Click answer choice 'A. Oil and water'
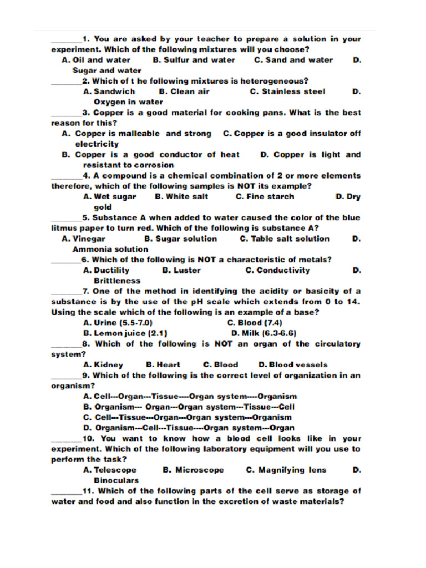pos(96,60)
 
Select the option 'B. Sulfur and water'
pos(194,60)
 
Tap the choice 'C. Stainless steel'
pos(287,92)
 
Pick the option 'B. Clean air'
pos(184,92)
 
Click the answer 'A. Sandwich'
pos(109,92)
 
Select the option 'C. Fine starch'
pos(265,196)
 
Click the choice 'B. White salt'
pos(182,196)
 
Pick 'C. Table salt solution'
pos(285,239)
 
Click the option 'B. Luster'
pos(181,270)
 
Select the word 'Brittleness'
pos(117,281)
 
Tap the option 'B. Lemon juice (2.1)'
pos(125,333)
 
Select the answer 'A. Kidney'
pos(103,365)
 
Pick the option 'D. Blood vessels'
pos(293,365)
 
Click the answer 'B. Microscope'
pos(194,470)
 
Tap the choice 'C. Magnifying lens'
pos(286,470)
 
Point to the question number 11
pos(90,491)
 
